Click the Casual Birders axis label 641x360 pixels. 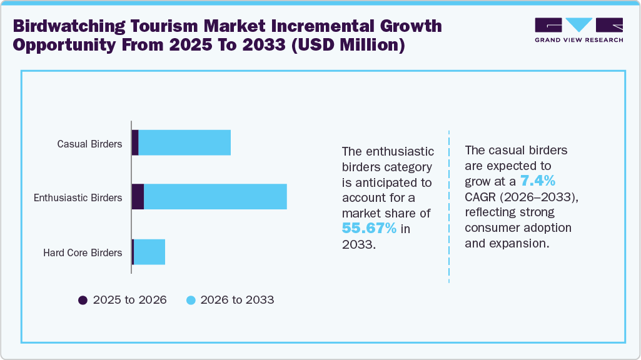pyautogui.click(x=89, y=144)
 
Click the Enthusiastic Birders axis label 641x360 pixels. pyautogui.click(x=78, y=197)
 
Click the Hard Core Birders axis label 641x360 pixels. pyautogui.click(x=83, y=252)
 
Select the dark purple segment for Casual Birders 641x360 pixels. pyautogui.click(x=135, y=142)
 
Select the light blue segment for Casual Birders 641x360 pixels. pyautogui.click(x=184, y=142)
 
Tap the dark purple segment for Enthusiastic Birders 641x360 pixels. pyautogui.click(x=138, y=197)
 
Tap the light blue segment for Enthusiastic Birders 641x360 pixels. pyautogui.click(x=215, y=197)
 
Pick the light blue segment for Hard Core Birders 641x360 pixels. pyautogui.click(x=149, y=252)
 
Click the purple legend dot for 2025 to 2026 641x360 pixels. pyautogui.click(x=83, y=300)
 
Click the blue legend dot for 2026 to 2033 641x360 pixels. pyautogui.click(x=191, y=300)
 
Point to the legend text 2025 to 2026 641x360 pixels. pyautogui.click(x=129, y=300)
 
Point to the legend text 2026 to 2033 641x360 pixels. pyautogui.click(x=238, y=300)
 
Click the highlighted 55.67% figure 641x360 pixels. pyautogui.click(x=369, y=229)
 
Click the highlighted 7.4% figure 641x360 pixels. pyautogui.click(x=538, y=181)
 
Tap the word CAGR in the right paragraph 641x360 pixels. pyautogui.click(x=482, y=197)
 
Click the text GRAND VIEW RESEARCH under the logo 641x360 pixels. pyautogui.click(x=578, y=39)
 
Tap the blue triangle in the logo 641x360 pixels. pyautogui.click(x=579, y=24)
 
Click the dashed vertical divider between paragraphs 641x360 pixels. pyautogui.click(x=449, y=206)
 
